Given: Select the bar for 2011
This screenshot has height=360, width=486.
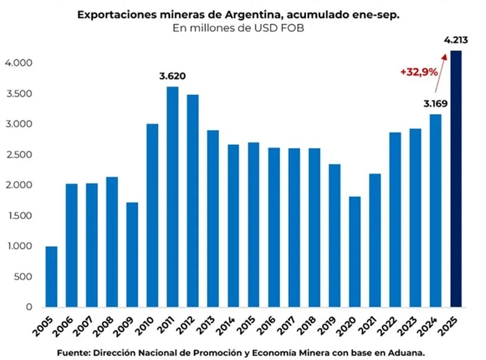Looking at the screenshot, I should [173, 197].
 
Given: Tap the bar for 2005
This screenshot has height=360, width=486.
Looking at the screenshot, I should [51, 276].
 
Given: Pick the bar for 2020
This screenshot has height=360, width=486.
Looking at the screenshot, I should [355, 252].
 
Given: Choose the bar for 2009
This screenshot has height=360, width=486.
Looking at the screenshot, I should [132, 255].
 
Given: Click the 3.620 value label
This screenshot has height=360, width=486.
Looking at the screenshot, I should [172, 76].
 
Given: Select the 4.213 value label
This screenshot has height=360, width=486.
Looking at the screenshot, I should [456, 41].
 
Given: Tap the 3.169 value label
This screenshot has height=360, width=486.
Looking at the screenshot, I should [436, 103].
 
